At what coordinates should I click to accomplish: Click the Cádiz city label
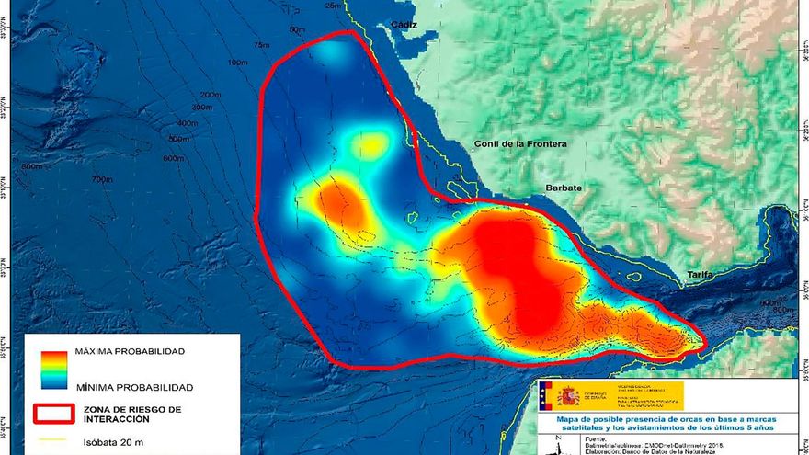pos(403,25)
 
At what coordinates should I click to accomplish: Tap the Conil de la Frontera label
pos(520,144)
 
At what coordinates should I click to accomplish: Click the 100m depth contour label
pos(237,63)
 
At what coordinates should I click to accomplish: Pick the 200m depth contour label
pos(211,95)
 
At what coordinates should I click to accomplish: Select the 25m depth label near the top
pos(333,6)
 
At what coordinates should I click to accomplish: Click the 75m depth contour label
pos(263,45)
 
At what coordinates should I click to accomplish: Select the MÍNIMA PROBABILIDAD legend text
pos(133,387)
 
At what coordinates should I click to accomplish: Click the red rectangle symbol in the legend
pos(54,414)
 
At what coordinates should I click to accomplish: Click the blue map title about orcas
pos(665,423)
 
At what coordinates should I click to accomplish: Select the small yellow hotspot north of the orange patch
pos(370,144)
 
